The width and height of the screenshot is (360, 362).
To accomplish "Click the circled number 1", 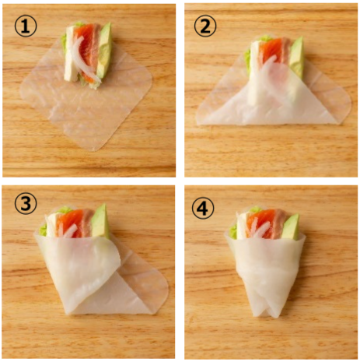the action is tap(26, 26).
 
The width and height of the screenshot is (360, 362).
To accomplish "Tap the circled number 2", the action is tap(205, 26).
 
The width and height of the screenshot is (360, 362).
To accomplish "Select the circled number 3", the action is tap(26, 204).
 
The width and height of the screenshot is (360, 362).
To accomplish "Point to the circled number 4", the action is tap(203, 208).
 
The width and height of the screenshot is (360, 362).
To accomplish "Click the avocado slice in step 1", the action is tap(105, 50).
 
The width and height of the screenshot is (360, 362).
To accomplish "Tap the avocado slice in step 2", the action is tap(297, 58).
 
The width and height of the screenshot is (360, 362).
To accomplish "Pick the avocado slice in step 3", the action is tap(100, 223).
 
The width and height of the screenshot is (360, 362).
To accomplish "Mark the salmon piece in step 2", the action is tap(275, 52).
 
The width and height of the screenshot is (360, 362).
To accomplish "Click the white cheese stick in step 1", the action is tap(70, 53).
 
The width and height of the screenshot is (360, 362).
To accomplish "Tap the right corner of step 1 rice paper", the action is tap(151, 83).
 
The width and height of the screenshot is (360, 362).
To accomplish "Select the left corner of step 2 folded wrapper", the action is tap(197, 123).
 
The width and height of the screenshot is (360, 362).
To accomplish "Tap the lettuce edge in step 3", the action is tap(43, 230).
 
